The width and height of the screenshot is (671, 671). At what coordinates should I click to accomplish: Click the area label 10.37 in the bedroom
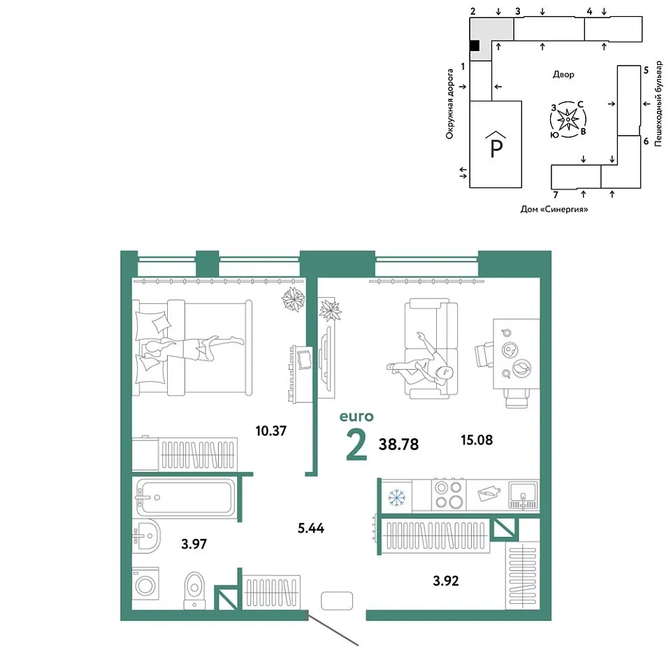click(x=271, y=431)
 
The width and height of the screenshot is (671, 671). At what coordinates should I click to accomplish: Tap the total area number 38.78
click(x=398, y=445)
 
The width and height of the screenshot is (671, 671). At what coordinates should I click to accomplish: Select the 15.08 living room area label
click(x=477, y=440)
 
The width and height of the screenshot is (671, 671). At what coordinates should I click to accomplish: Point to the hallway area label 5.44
click(x=311, y=528)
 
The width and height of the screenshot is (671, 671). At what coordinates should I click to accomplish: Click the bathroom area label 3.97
click(x=194, y=544)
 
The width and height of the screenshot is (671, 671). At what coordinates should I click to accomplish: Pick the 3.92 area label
click(x=446, y=581)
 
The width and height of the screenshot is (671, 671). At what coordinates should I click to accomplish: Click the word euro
click(x=356, y=417)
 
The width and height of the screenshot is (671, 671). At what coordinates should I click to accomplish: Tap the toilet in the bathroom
click(x=195, y=590)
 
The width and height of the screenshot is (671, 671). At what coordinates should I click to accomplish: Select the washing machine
click(x=145, y=584)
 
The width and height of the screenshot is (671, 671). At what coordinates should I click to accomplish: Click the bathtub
click(x=185, y=498)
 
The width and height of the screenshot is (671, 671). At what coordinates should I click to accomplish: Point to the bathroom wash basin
click(x=146, y=535)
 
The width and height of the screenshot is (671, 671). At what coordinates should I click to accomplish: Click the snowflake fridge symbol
click(x=397, y=498)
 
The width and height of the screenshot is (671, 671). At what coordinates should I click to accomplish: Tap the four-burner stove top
click(x=449, y=495)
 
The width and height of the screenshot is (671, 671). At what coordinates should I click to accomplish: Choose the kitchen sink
click(x=523, y=495)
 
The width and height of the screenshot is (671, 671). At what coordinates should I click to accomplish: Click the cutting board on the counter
click(x=489, y=494)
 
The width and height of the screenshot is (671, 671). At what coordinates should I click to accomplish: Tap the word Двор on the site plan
click(x=563, y=75)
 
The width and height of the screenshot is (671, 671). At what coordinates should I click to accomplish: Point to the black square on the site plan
click(x=475, y=46)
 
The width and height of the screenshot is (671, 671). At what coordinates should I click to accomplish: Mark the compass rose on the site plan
click(x=568, y=120)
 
